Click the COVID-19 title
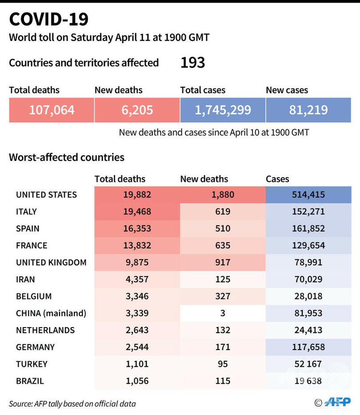[x=49, y=20]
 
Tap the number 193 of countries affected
[x=192, y=63]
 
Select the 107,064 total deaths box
[x=52, y=110]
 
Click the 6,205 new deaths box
[x=137, y=110]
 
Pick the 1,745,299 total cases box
[x=223, y=110]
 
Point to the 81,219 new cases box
[x=308, y=110]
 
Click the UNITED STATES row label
[x=46, y=195]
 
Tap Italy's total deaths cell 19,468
[x=137, y=211]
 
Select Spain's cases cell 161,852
[x=308, y=228]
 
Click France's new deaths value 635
[x=222, y=245]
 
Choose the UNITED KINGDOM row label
[x=51, y=262]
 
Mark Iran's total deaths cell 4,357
[x=137, y=279]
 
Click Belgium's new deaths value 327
[x=222, y=296]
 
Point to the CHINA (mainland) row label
[x=51, y=313]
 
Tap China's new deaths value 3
[x=222, y=313]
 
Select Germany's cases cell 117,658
[x=308, y=347]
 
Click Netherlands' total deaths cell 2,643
[x=137, y=330]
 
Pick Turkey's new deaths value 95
[x=222, y=364]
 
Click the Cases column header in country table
[x=277, y=179]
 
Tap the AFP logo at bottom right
[x=338, y=402]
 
